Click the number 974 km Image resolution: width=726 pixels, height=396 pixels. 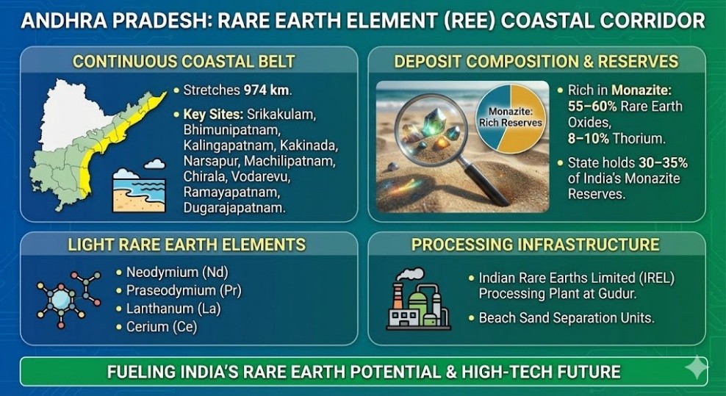point(267,90)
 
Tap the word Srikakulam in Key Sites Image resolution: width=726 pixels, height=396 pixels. point(281,115)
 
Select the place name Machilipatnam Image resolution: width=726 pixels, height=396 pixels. point(290,161)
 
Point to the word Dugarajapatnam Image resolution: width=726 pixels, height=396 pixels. point(234,207)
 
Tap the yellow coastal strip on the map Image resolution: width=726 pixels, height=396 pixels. point(121,134)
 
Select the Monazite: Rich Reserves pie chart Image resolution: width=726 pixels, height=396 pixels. point(510,117)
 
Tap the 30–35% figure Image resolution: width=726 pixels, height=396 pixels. point(663,163)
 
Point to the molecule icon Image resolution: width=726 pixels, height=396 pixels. point(68,299)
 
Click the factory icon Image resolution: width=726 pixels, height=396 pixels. point(419,299)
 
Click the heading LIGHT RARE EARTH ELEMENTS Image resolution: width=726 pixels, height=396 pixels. point(187,244)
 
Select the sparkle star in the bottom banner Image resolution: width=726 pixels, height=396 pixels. point(695,367)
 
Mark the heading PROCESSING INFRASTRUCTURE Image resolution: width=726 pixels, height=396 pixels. point(536,244)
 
